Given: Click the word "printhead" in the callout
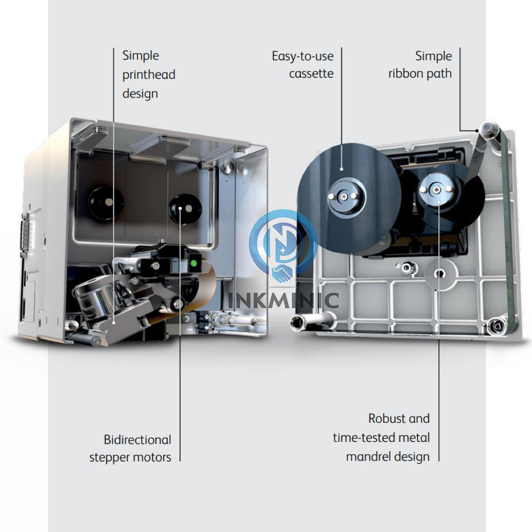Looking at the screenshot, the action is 149,75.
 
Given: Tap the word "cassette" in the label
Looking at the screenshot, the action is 311,74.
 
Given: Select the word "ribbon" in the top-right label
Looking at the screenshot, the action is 405,74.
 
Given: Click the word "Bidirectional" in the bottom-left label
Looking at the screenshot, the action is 137,440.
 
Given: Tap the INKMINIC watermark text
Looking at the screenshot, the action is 283,300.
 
